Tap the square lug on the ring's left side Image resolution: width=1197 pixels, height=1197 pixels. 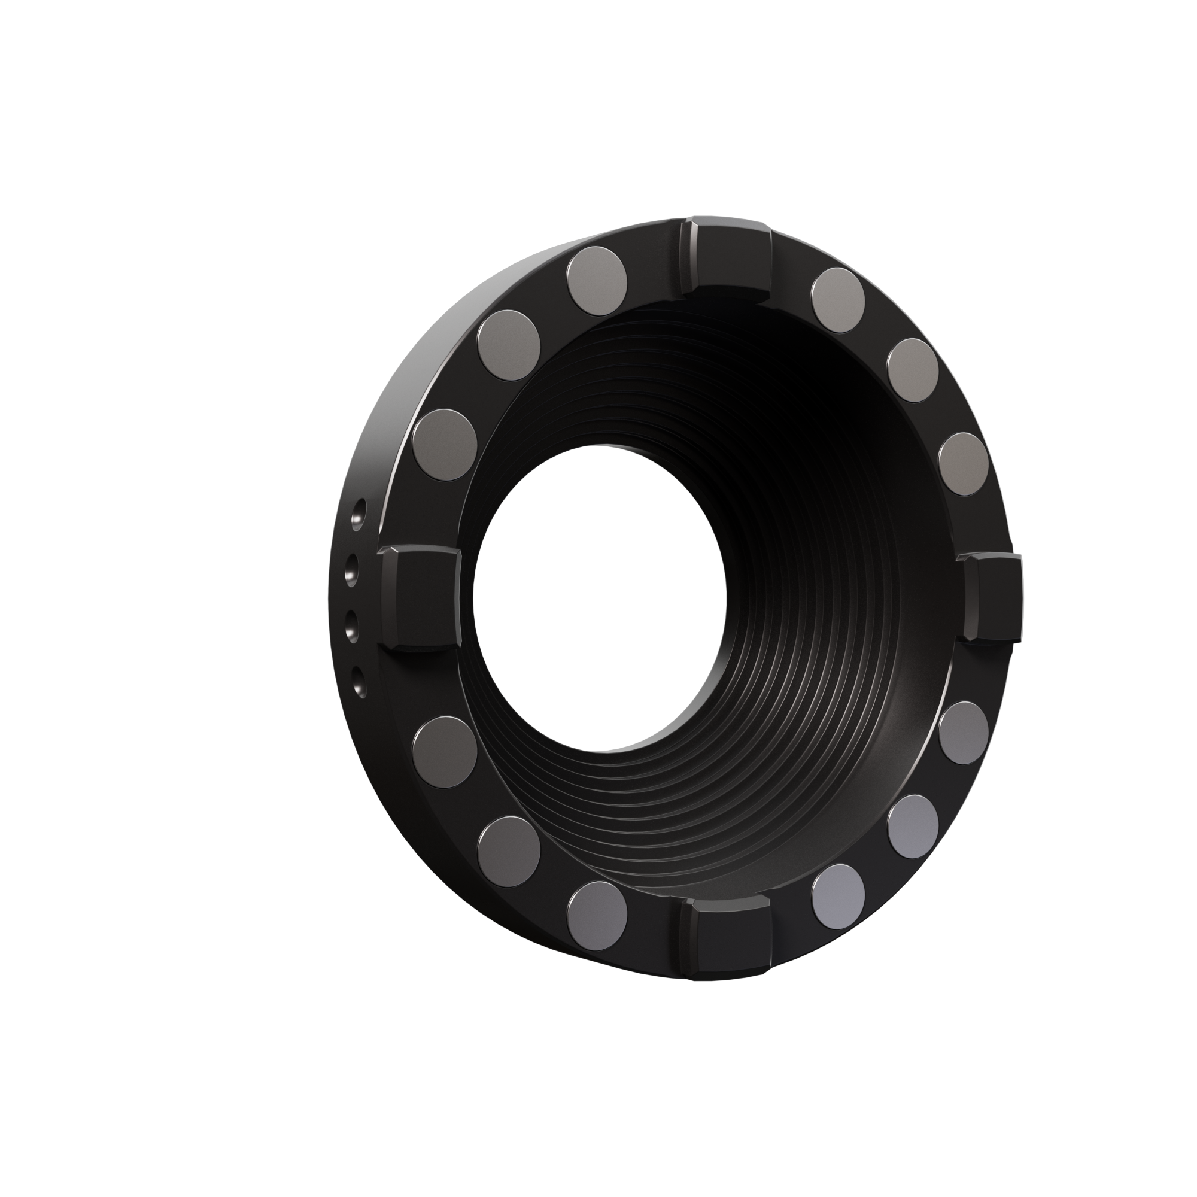[x=421, y=598]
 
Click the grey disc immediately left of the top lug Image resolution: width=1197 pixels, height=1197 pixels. [x=597, y=281]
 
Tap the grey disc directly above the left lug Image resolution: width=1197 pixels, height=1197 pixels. [x=445, y=441]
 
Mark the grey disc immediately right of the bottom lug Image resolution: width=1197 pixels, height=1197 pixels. [x=838, y=895]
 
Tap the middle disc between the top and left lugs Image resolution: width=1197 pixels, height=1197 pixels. [x=509, y=345]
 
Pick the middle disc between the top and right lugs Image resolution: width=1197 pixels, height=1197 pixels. [x=913, y=370]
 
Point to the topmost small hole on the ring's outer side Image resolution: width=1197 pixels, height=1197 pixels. [x=358, y=513]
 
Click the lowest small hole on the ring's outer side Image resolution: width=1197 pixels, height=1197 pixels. [x=357, y=680]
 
